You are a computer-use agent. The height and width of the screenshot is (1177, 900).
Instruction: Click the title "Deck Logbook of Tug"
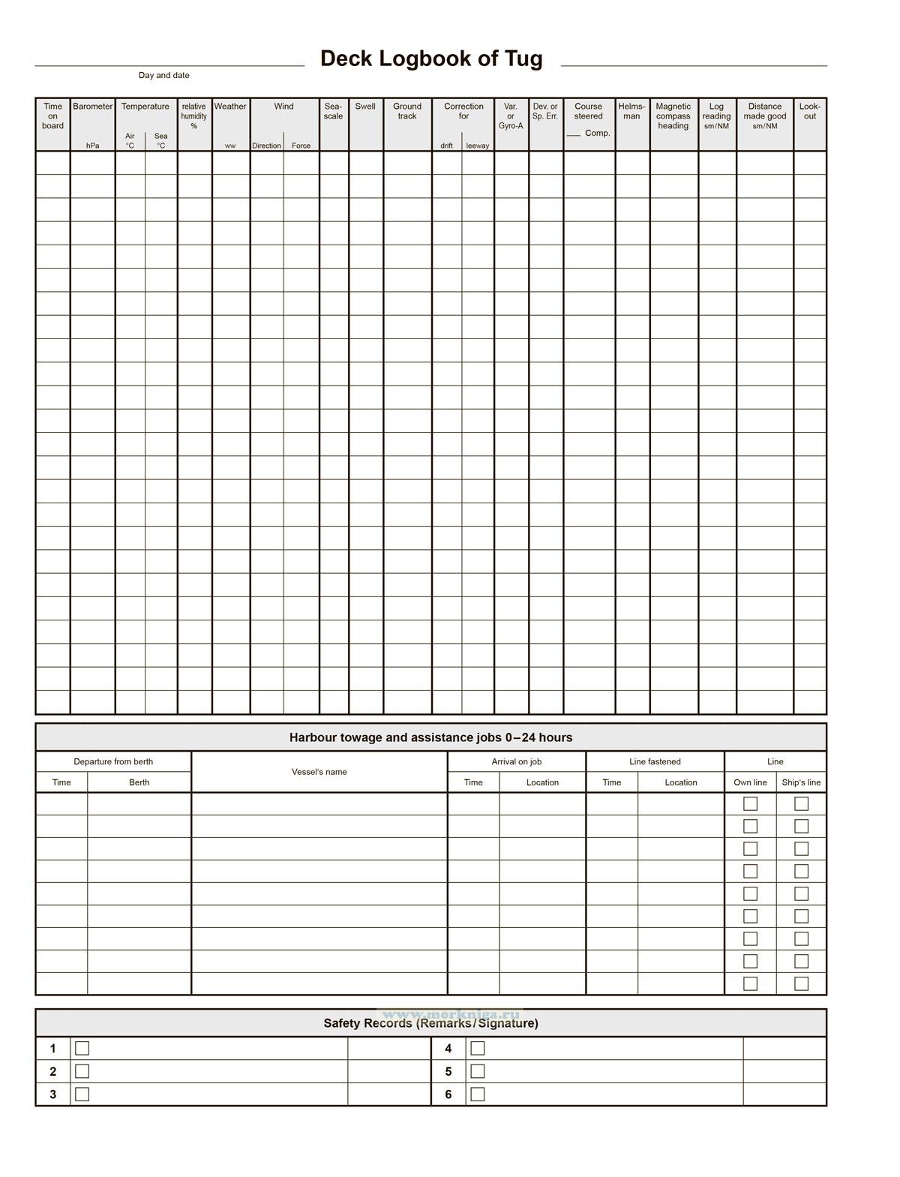[431, 59]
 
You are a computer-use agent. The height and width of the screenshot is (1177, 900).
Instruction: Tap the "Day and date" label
[163, 75]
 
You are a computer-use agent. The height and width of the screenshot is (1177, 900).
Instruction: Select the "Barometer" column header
[93, 107]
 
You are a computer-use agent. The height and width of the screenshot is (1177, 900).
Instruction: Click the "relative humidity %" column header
[193, 116]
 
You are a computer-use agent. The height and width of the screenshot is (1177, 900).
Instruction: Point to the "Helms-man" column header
[631, 111]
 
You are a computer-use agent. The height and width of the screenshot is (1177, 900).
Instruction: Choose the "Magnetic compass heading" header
[673, 116]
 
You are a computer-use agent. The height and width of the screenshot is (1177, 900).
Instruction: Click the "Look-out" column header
[810, 111]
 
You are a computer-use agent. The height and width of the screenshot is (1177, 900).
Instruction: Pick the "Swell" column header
[365, 107]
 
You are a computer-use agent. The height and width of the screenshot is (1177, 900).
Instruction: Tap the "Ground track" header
[407, 111]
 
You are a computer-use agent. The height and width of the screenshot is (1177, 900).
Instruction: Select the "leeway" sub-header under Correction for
[478, 146]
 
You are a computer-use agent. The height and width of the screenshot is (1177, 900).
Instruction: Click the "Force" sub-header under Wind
[301, 146]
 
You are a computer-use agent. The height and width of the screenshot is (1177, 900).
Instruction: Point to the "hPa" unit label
[93, 146]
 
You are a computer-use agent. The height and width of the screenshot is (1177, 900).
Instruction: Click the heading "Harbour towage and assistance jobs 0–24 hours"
[430, 737]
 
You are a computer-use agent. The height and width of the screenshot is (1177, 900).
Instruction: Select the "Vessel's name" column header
[319, 772]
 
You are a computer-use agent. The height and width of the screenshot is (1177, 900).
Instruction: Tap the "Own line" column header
[750, 782]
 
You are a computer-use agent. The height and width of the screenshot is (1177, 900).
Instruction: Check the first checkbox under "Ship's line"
[801, 803]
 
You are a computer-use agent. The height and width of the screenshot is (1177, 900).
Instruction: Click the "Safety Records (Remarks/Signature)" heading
[430, 1023]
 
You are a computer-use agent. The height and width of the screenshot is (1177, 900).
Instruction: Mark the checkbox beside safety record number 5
[478, 1071]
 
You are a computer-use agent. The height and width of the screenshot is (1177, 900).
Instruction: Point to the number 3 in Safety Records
[52, 1094]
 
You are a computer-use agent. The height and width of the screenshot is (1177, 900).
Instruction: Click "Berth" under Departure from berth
[139, 782]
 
